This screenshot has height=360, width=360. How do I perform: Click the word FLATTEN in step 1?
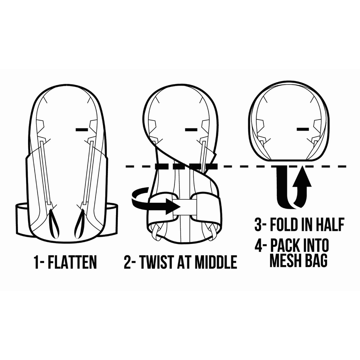[72, 262]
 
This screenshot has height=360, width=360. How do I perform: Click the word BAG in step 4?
[316, 261]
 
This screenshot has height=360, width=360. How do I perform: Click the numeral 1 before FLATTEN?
[36, 262]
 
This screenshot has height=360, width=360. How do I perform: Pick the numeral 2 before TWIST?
[128, 262]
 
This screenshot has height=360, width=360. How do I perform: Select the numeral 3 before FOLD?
[258, 225]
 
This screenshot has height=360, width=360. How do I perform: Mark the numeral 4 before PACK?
[259, 245]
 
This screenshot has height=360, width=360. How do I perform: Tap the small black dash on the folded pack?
[303, 129]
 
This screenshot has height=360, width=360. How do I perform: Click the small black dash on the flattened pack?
[82, 130]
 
